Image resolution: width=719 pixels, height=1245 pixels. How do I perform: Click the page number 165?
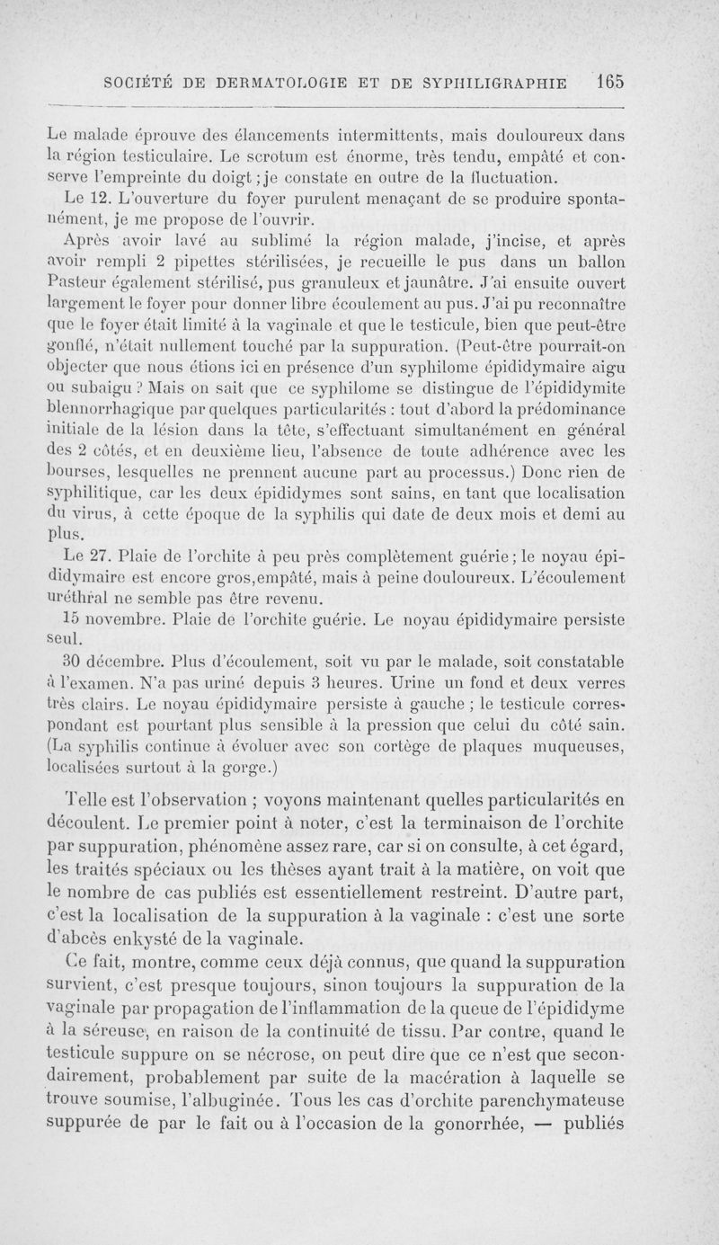point(608,80)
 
